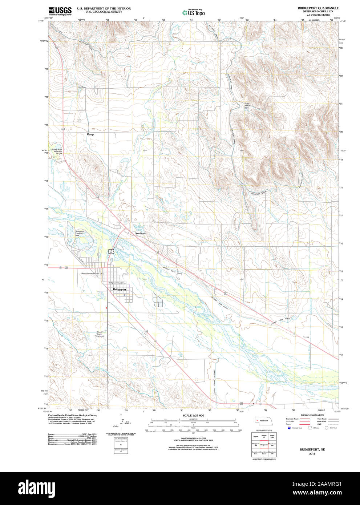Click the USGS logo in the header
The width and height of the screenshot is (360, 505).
[x=60, y=11]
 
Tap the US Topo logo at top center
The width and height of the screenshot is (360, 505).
[x=194, y=12]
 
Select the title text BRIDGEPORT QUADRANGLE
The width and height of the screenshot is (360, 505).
[x=318, y=8]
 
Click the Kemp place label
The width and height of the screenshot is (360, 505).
[x=90, y=134]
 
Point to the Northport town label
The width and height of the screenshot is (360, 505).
[x=141, y=233]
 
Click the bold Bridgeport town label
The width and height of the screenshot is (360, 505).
[x=120, y=289]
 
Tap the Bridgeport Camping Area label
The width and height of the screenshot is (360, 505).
[x=80, y=233]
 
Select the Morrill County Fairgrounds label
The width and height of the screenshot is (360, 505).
[x=100, y=334]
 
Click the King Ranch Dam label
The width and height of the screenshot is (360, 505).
[x=247, y=105]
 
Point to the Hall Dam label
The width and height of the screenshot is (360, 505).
[x=82, y=87]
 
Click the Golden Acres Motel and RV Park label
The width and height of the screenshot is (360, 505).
[x=57, y=151]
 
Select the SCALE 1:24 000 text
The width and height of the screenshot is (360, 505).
[x=193, y=415]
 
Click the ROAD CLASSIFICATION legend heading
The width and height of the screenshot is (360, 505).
[x=312, y=415]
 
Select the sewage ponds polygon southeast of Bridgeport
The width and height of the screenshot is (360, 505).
[x=158, y=301]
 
